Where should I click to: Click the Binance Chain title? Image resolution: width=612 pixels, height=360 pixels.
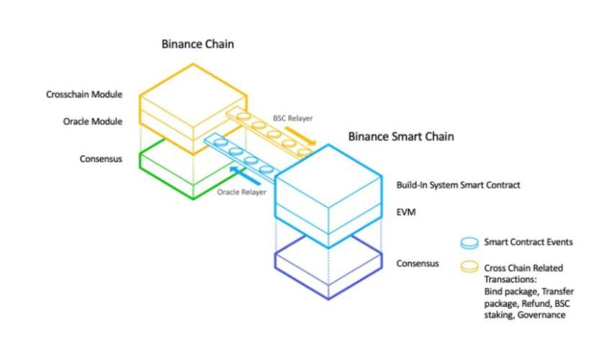[x=198, y=44]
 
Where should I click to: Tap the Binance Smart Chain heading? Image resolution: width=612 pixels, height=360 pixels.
[x=401, y=137]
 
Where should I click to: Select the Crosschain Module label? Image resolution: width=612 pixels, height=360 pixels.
[x=84, y=94]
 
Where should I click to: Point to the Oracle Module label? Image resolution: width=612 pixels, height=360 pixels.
[x=93, y=122]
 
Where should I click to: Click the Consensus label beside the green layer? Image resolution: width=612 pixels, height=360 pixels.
[x=101, y=159]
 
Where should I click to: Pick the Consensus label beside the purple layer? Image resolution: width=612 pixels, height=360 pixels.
[x=418, y=264]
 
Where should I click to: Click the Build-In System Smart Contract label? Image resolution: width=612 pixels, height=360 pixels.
[x=458, y=185]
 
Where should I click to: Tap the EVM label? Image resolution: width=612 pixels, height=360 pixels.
[x=406, y=212]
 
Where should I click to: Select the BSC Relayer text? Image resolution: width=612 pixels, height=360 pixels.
[x=293, y=118]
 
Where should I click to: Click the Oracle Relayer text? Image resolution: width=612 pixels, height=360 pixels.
[x=242, y=192]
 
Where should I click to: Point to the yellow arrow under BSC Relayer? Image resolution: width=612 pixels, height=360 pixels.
[x=300, y=136]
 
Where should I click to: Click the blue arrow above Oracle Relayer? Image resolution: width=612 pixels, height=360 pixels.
[x=245, y=175]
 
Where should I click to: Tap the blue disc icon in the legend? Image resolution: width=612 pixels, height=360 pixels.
[x=469, y=243]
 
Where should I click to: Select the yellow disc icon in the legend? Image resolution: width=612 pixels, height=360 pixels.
[x=469, y=266]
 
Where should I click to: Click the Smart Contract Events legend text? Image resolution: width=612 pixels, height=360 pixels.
[x=528, y=242]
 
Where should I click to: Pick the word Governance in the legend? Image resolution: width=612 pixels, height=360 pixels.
[x=541, y=315]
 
